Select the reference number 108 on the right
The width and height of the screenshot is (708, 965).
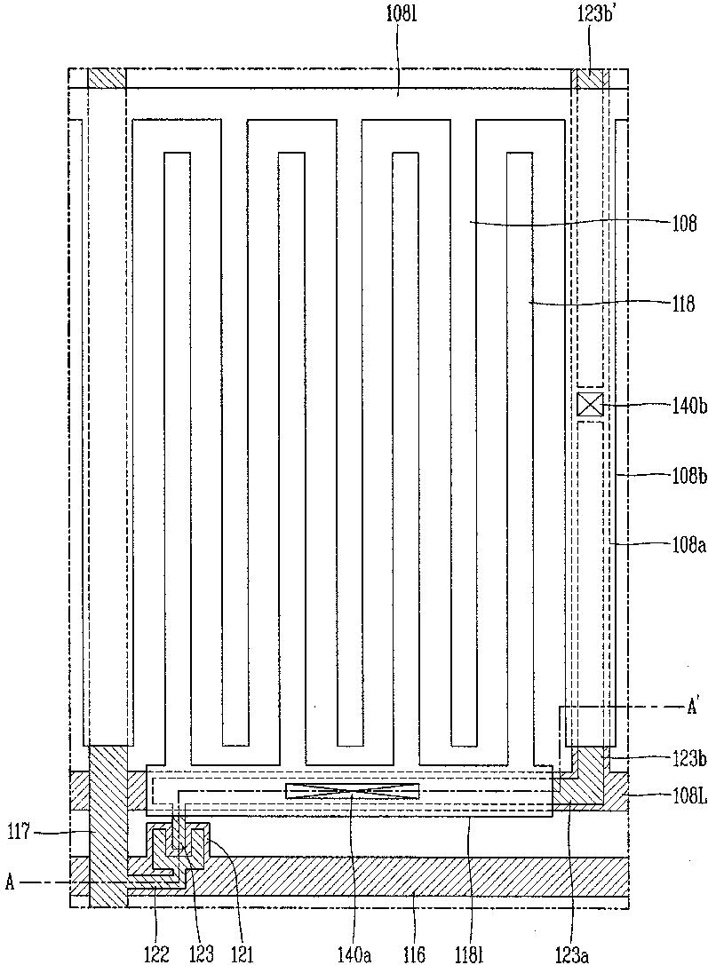[x=684, y=224]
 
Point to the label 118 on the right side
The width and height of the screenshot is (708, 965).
[x=682, y=304]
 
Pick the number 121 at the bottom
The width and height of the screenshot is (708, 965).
[x=241, y=953]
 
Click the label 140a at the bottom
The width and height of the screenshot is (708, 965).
[x=354, y=953]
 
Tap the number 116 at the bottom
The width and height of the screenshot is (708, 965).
[x=414, y=953]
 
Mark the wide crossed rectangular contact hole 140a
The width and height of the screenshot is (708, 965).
[x=353, y=792]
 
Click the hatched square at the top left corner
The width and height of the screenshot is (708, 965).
[x=107, y=78]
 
